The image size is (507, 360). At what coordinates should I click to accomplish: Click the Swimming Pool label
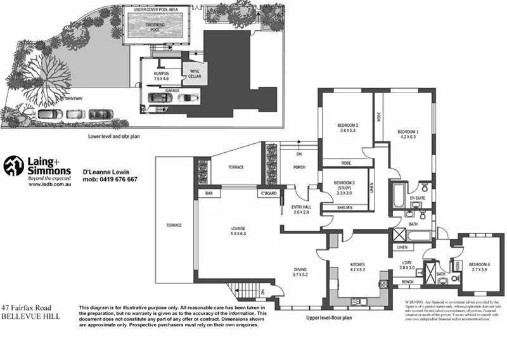[x=155, y=25]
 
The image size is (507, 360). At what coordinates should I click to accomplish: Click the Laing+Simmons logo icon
[x=13, y=166]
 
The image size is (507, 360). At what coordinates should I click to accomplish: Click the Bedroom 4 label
[x=479, y=266]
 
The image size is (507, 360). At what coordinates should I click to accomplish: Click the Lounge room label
[x=238, y=231]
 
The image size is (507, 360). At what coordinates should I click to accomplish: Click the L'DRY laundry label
[x=407, y=266]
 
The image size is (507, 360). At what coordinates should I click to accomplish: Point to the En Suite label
[x=416, y=198]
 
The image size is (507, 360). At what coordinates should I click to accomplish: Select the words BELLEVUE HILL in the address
[x=30, y=315]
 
